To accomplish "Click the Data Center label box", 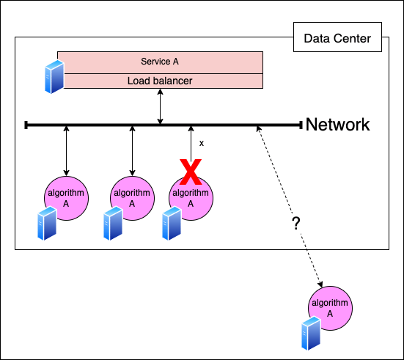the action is pos(337,37).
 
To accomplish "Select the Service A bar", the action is pos(160,62).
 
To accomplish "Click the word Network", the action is pos(337,125).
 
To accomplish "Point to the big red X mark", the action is pos(191,172).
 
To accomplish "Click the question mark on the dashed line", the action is pos(296,224).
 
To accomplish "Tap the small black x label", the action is pos(202,143).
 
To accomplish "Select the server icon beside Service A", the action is pos(54,77).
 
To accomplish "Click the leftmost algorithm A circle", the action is pos(67,198).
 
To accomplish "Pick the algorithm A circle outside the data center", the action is pos(330,308).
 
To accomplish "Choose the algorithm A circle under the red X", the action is pos(191,198).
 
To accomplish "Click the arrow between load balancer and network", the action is pos(161,107).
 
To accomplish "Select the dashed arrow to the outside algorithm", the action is pos(290,207).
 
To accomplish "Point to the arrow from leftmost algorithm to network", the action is pos(67,151).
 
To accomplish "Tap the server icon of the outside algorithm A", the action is pos(311,334).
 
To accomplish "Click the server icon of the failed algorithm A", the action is pos(172,224).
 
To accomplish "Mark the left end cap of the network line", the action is pos(26,125).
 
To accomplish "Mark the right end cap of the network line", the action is pos(301,125).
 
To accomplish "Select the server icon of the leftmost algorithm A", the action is pos(47,224).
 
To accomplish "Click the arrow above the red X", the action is pos(191,144).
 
